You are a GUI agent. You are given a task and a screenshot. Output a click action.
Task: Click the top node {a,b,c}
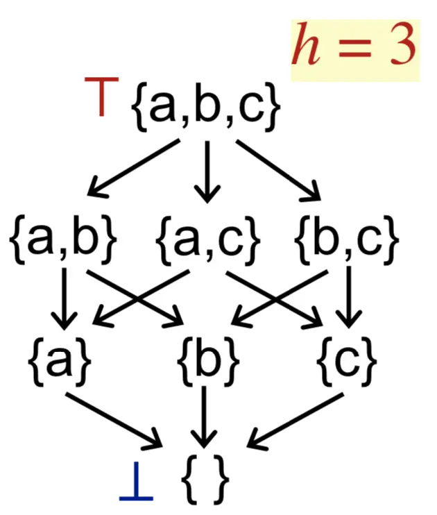[206, 109]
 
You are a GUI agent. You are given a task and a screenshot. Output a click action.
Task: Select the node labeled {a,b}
[63, 239]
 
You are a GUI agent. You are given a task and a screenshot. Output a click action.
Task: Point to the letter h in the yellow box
[306, 45]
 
